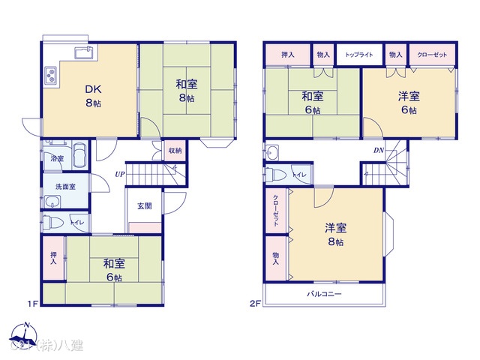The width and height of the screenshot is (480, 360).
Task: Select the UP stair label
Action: (120, 175)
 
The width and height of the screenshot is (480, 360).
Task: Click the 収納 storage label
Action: (174, 149)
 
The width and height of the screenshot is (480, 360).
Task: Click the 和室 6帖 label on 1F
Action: (113, 269)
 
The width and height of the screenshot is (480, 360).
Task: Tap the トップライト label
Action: (359, 55)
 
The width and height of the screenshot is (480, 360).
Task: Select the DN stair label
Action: (380, 150)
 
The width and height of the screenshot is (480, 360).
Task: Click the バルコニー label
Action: (325, 294)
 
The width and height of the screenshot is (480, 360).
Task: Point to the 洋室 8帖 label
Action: (335, 233)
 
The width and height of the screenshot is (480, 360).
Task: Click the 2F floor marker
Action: (255, 304)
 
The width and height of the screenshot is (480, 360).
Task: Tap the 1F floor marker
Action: (32, 304)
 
